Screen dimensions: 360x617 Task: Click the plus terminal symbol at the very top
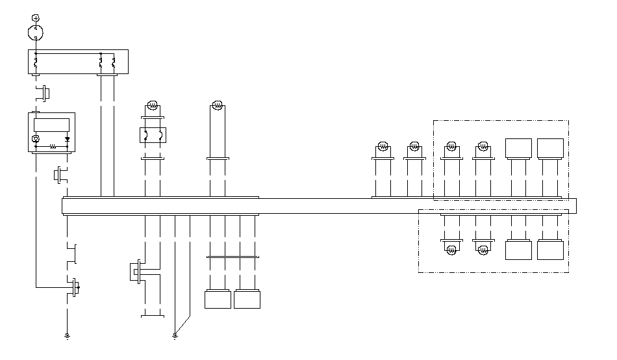click(x=36, y=17)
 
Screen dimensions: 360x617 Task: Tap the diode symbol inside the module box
click(x=67, y=138)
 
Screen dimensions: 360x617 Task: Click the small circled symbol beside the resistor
click(x=36, y=138)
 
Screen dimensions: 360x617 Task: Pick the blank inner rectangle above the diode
click(x=51, y=125)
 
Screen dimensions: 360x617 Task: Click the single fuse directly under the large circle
click(x=36, y=64)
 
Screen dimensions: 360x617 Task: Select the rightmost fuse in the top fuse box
click(x=114, y=64)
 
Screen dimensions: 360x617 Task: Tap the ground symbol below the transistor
click(x=66, y=336)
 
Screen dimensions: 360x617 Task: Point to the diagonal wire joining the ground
click(x=183, y=325)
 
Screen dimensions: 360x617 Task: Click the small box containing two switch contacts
click(x=153, y=135)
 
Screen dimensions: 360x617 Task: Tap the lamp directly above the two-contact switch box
click(x=153, y=105)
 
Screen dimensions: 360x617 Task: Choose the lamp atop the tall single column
click(x=218, y=105)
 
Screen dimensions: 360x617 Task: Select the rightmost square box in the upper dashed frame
click(x=550, y=148)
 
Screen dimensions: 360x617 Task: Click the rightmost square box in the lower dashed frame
click(x=550, y=250)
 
